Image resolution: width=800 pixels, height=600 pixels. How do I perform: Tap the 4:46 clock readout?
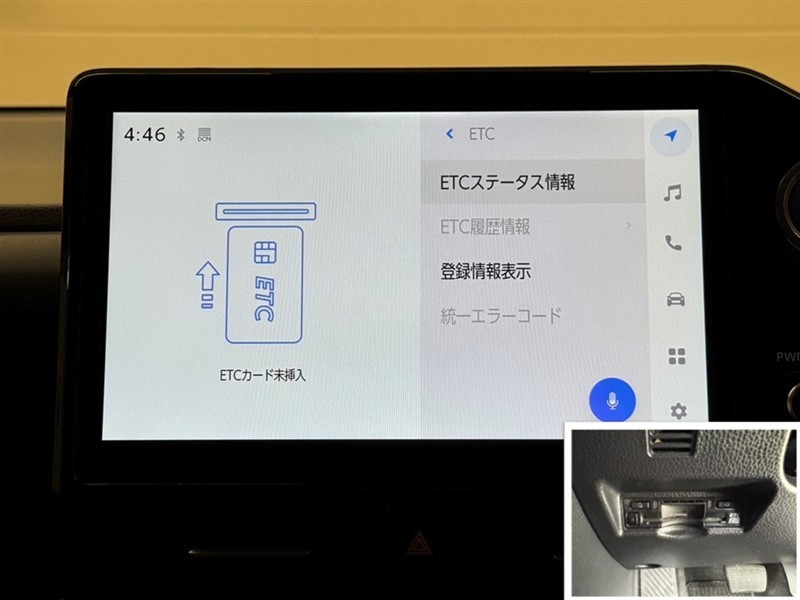144,135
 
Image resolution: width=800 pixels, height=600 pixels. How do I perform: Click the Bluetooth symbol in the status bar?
181,135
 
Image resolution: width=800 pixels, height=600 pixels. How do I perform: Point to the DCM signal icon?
204,134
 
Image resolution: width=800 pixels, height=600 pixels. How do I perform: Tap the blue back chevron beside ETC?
449,134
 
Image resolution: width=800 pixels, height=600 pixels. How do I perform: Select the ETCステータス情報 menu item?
508,182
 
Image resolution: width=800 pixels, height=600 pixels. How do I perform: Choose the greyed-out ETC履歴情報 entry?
485,227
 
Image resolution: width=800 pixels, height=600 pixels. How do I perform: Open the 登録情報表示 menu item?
485,271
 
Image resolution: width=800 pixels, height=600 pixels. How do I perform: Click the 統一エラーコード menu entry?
501,315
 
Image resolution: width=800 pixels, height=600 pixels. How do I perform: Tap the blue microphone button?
612,401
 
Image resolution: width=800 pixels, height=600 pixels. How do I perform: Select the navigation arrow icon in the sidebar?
671,136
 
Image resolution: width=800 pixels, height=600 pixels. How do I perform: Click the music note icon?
672,193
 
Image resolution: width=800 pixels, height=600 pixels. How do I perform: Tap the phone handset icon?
673,243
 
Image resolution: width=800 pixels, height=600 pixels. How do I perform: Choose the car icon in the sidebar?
676,299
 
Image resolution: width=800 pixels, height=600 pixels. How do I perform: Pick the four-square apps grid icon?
677,356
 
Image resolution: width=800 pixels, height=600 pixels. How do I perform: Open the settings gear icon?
678,411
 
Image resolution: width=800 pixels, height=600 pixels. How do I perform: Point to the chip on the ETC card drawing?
265,253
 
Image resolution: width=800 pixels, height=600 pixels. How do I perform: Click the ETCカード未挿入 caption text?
262,376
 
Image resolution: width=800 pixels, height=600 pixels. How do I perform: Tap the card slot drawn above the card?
266,211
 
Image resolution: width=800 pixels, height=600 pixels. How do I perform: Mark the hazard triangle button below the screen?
419,543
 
